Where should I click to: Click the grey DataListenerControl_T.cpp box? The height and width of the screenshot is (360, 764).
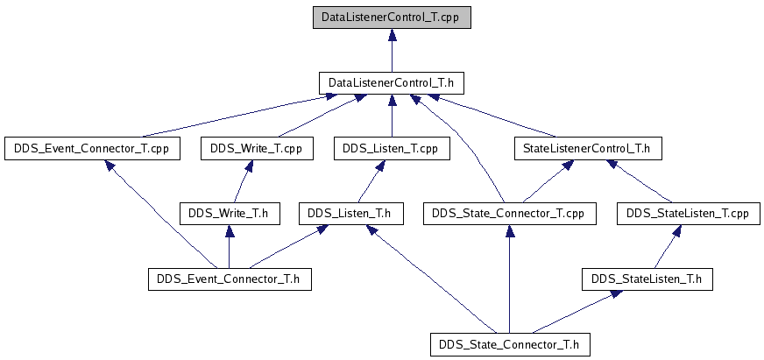pos(392,17)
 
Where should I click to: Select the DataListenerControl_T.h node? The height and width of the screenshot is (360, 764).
pos(392,83)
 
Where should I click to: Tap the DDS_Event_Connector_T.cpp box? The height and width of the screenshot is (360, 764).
pos(92,149)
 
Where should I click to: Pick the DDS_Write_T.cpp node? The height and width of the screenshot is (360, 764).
pos(257,149)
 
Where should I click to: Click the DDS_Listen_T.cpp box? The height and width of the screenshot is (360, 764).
pos(392,149)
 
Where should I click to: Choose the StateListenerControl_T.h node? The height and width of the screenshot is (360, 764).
pos(588,149)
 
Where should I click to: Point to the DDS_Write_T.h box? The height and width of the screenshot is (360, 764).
pos(230,214)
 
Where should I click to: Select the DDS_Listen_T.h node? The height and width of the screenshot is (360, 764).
pos(351,214)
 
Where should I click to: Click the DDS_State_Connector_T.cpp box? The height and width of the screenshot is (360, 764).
pos(510,214)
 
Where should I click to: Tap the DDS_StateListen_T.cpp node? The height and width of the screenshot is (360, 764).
pos(687,214)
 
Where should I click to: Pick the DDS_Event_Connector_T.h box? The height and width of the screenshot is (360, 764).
pos(230,279)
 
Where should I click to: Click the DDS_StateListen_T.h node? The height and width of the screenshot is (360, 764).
pos(647,279)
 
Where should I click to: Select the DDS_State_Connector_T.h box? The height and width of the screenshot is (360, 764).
pos(510,345)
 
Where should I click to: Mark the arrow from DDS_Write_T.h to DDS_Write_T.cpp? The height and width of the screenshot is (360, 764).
pos(242,181)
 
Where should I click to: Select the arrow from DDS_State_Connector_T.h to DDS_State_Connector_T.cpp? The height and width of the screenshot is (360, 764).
pos(510,279)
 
